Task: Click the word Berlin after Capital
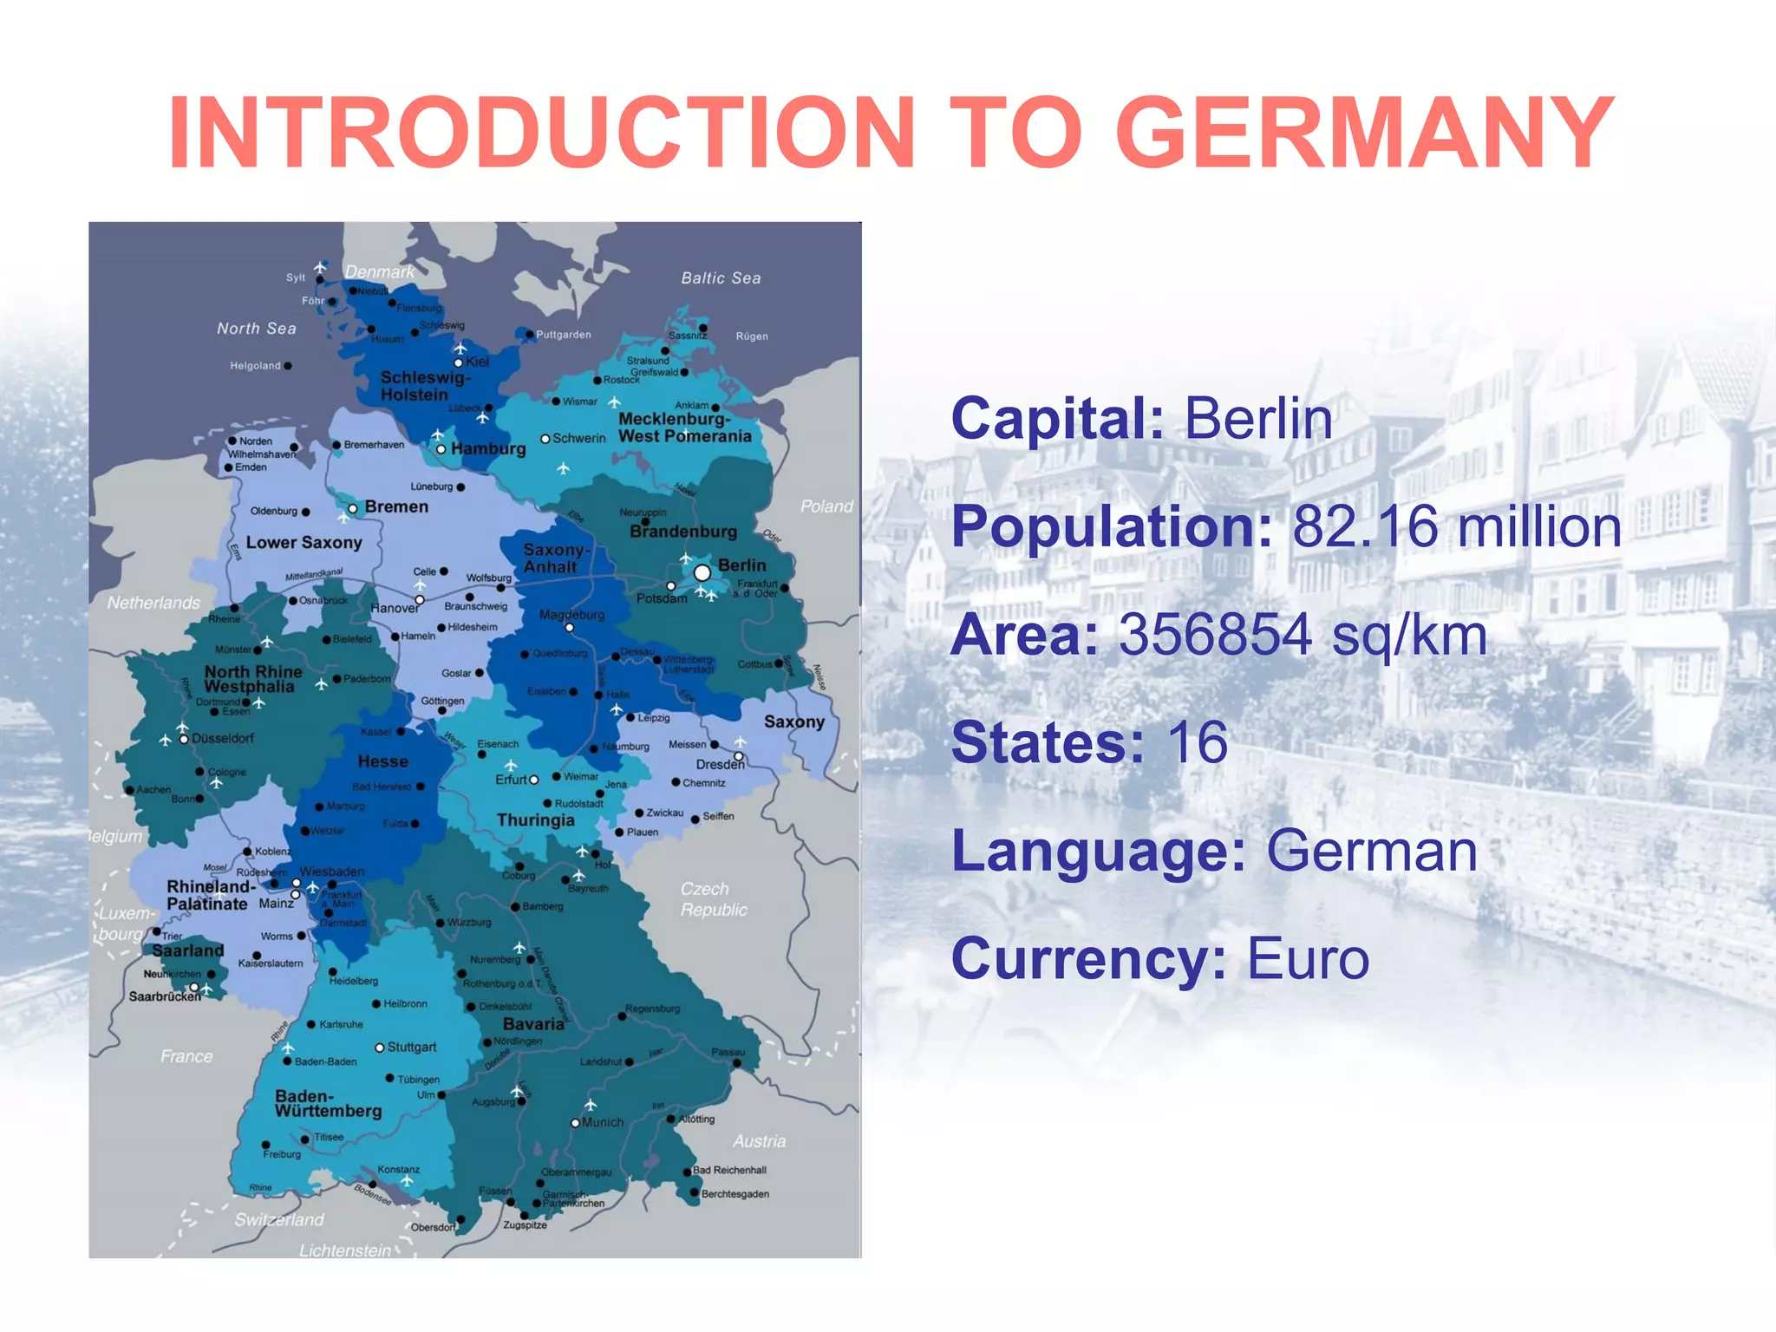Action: [x=1258, y=419]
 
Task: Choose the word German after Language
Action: [x=1372, y=851]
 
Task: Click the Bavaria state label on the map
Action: [x=533, y=1024]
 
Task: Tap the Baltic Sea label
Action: [x=721, y=278]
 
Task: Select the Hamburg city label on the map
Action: [x=488, y=449]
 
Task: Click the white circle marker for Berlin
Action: [x=702, y=573]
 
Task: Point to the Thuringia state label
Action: [x=535, y=820]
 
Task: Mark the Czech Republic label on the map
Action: [x=713, y=899]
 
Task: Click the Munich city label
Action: [x=603, y=1122]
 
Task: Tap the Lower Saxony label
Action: [x=304, y=543]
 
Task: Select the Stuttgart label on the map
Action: [x=412, y=1048]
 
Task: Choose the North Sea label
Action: [x=256, y=329]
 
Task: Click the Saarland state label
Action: [x=188, y=951]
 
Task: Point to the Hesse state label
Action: [x=382, y=761]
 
